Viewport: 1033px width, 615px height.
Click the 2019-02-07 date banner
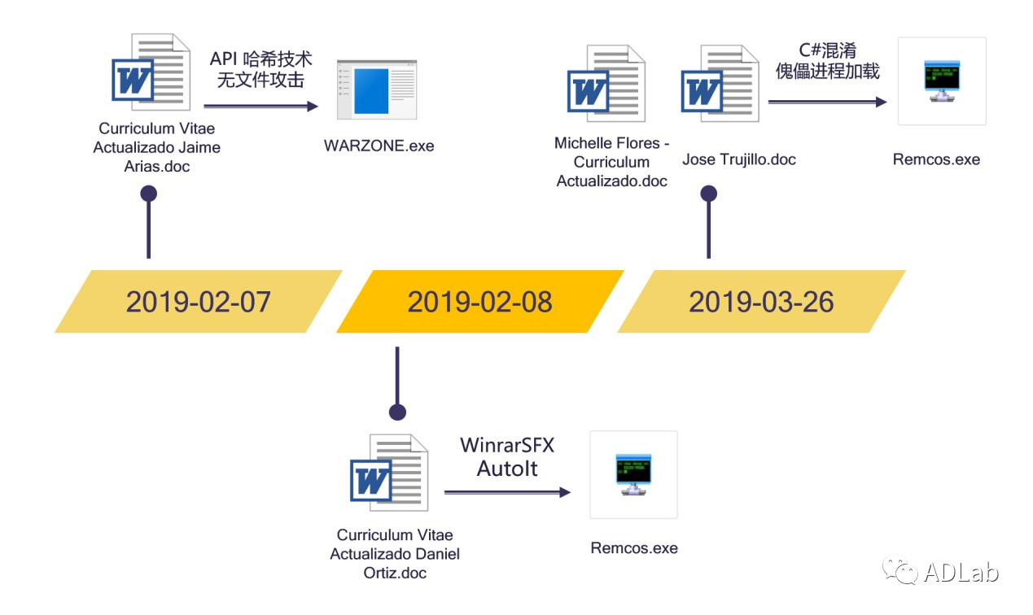click(x=198, y=301)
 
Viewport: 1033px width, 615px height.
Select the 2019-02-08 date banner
click(x=479, y=301)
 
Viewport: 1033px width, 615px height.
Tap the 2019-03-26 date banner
click(x=761, y=301)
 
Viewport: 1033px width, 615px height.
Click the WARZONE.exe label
click(x=379, y=146)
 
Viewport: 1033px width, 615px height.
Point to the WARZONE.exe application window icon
click(x=377, y=91)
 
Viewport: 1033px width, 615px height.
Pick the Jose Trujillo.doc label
click(x=738, y=159)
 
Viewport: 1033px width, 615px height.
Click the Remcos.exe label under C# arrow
click(x=936, y=159)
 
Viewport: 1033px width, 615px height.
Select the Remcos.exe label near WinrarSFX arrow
click(x=634, y=547)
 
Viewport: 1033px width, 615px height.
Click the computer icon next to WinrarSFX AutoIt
click(x=633, y=474)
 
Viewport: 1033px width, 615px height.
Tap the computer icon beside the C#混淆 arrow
click(x=942, y=81)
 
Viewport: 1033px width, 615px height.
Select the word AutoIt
click(x=507, y=469)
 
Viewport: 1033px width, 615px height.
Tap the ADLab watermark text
click(x=961, y=572)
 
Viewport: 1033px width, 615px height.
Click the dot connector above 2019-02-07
click(x=148, y=194)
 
